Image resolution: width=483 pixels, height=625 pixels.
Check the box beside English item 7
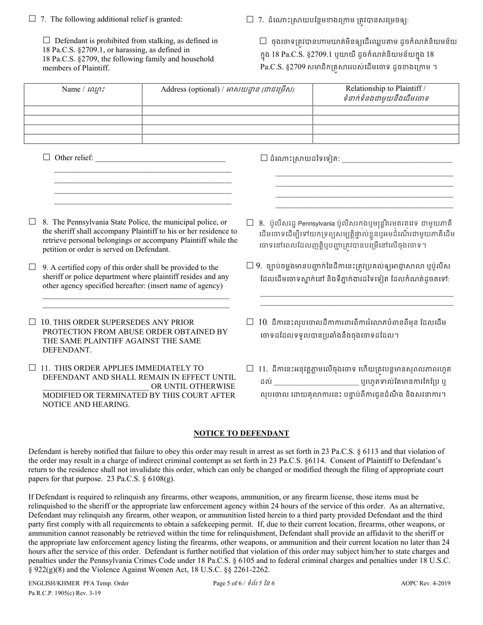(32, 19)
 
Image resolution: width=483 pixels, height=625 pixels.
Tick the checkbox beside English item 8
(32, 222)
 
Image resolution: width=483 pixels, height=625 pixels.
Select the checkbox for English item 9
(32, 267)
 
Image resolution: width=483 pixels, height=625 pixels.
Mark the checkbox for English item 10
(32, 322)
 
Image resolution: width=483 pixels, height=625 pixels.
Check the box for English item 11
(32, 367)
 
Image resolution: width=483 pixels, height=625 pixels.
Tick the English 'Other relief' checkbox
(47, 158)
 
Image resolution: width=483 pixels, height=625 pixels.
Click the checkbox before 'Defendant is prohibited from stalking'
(47, 40)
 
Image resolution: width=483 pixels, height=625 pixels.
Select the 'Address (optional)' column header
(227, 89)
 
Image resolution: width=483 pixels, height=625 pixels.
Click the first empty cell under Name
(83, 110)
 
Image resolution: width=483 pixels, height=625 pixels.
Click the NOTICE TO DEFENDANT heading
(242, 433)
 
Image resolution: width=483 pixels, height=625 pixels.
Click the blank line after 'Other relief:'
(160, 158)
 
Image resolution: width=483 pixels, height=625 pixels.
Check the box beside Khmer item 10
(250, 322)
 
